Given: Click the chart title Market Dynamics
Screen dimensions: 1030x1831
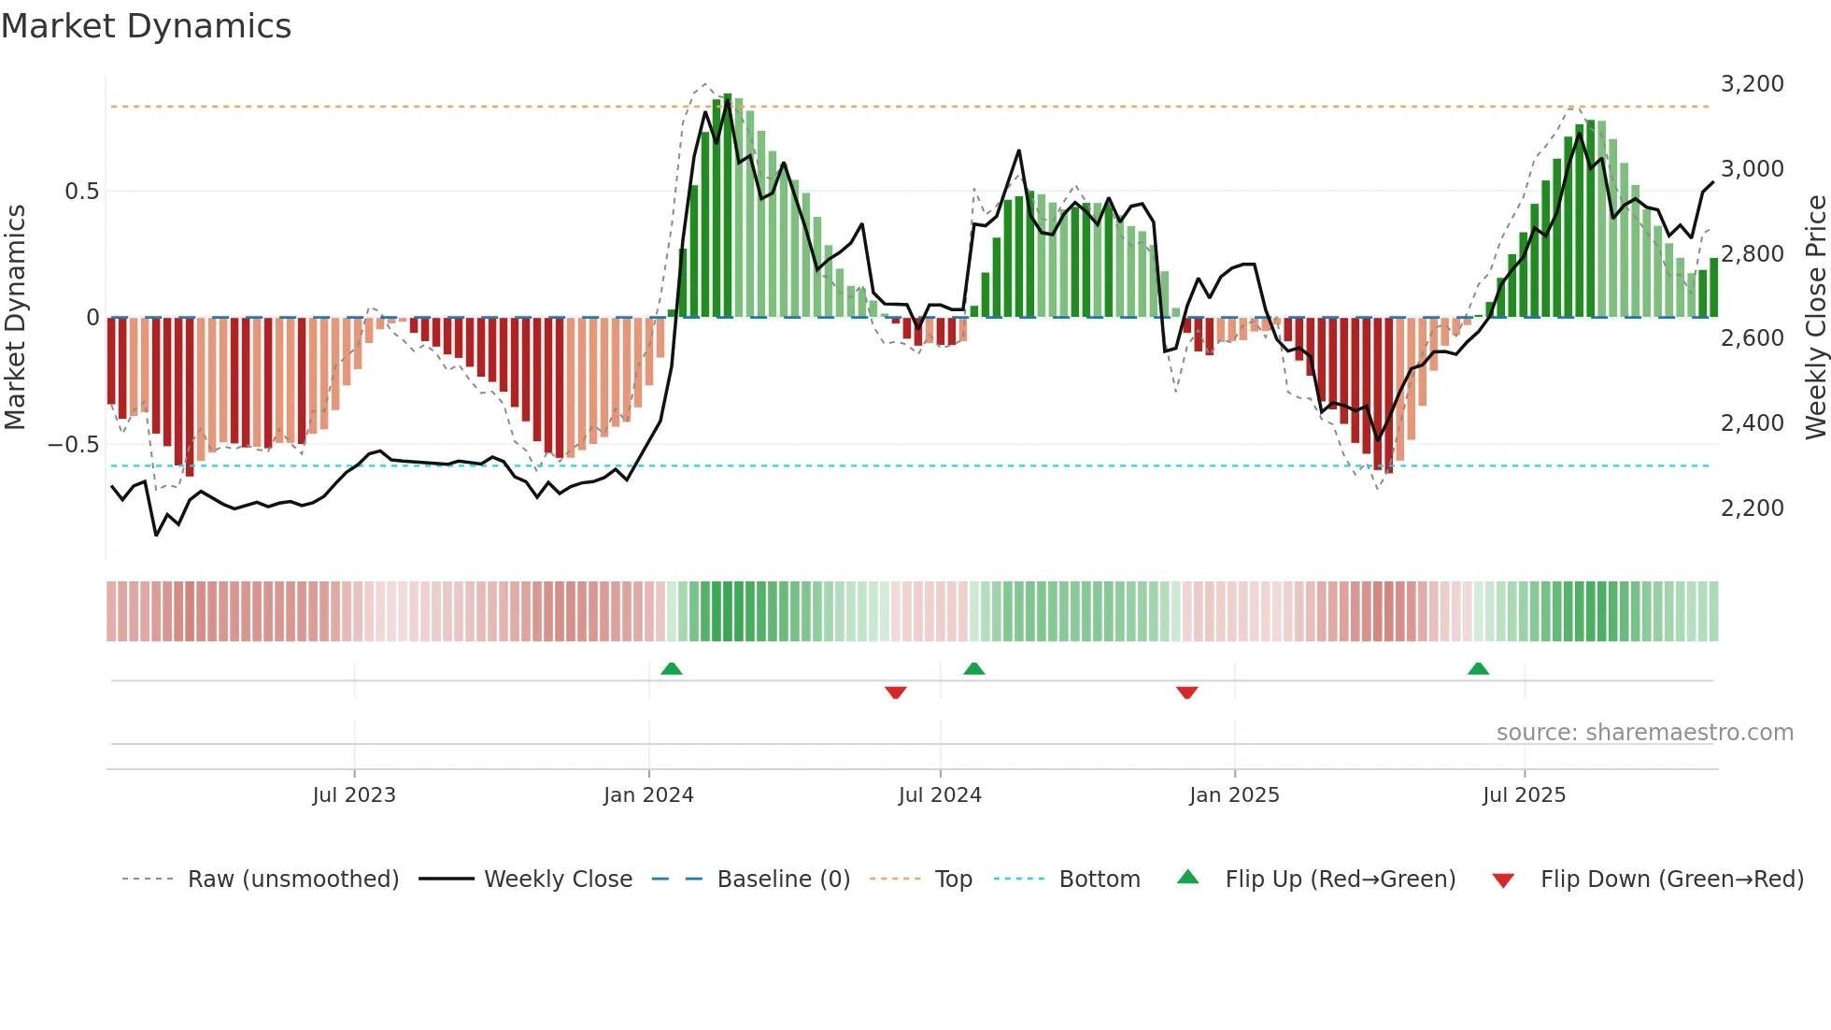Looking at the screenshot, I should pyautogui.click(x=146, y=26).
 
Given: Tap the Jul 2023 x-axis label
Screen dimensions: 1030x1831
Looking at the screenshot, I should pyautogui.click(x=354, y=794).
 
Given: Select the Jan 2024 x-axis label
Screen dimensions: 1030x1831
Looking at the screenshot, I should pyautogui.click(x=648, y=794).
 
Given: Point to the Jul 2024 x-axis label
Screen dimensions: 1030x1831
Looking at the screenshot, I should pyautogui.click(x=940, y=794).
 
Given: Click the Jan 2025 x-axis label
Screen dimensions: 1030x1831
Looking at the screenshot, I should pyautogui.click(x=1234, y=794).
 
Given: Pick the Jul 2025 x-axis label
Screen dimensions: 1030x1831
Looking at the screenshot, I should pyautogui.click(x=1524, y=794).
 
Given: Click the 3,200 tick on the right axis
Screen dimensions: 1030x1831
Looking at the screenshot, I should pyautogui.click(x=1752, y=84).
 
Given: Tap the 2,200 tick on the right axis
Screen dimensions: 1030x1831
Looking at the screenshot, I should pyautogui.click(x=1752, y=508).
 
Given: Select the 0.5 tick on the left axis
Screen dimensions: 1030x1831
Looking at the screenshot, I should pyautogui.click(x=81, y=192).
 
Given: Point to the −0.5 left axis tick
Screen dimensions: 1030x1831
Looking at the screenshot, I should pyautogui.click(x=74, y=445).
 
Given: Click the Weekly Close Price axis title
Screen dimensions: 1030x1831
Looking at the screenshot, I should pyautogui.click(x=1815, y=317).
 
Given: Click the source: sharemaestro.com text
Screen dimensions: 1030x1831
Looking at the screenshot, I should pyautogui.click(x=1644, y=732).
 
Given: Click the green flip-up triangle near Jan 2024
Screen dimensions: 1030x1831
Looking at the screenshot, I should pyautogui.click(x=671, y=668).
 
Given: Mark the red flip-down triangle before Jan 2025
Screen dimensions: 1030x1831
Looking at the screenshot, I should pyautogui.click(x=1186, y=693).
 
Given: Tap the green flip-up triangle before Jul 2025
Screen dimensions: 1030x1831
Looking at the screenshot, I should pyautogui.click(x=1478, y=668).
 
